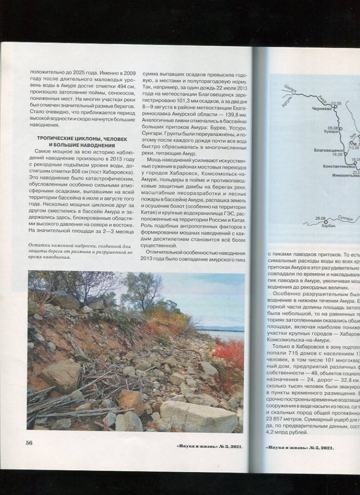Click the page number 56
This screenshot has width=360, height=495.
pos(29,443)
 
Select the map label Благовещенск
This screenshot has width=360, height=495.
pos(328,150)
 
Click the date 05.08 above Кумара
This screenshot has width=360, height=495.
pos(333,128)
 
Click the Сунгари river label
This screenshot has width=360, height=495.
pos(345,219)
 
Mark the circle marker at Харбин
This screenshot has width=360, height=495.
pos(326,221)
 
